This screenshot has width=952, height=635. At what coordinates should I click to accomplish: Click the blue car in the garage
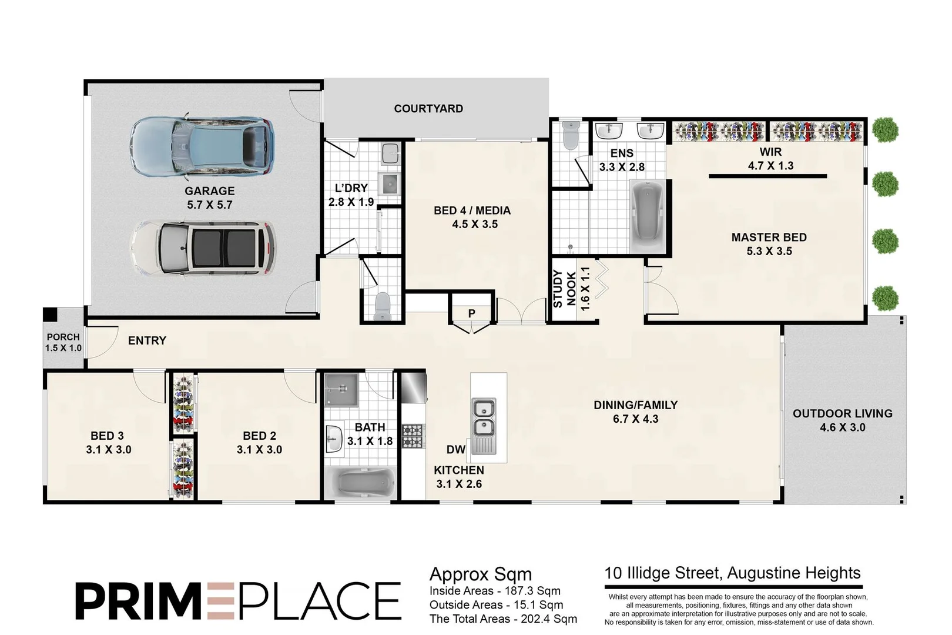pyautogui.click(x=202, y=147)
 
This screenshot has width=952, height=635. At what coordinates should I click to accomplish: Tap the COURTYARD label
pyautogui.click(x=428, y=109)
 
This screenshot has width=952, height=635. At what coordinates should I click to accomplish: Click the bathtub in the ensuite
pyautogui.click(x=647, y=216)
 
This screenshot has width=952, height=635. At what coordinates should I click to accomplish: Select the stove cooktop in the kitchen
pyautogui.click(x=413, y=436)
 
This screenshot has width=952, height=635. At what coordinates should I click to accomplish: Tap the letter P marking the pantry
pyautogui.click(x=471, y=314)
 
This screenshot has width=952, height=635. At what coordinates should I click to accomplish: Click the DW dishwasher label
pyautogui.click(x=455, y=450)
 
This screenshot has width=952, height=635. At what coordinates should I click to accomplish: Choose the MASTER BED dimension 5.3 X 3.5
pyautogui.click(x=769, y=251)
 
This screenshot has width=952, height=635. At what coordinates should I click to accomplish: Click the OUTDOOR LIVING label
pyautogui.click(x=842, y=413)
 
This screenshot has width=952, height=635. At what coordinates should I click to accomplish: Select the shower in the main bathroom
pyautogui.click(x=340, y=389)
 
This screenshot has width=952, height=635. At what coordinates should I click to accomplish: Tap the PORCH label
pyautogui.click(x=63, y=337)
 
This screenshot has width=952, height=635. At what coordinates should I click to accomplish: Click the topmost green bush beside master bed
pyautogui.click(x=885, y=129)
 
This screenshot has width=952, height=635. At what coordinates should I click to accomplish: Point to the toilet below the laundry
pyautogui.click(x=382, y=306)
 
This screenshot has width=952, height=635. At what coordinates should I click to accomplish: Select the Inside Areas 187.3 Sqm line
pyautogui.click(x=495, y=591)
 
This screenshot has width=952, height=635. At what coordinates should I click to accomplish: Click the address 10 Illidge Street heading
pyautogui.click(x=732, y=573)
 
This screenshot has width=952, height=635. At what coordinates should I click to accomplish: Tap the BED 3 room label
pyautogui.click(x=107, y=436)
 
